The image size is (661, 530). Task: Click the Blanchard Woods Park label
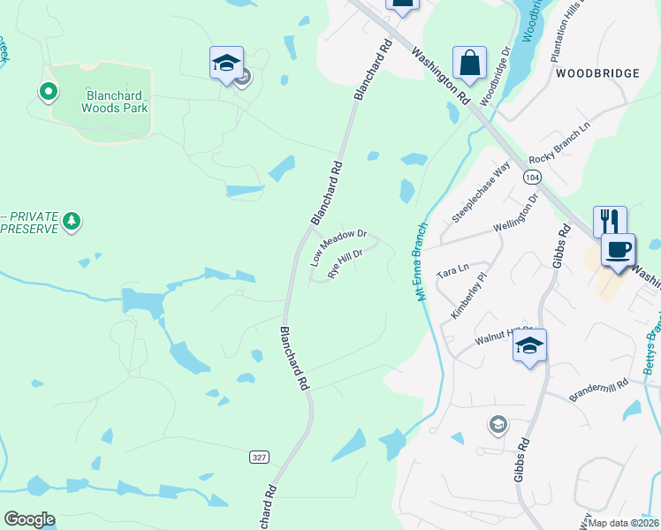pyautogui.click(x=116, y=100)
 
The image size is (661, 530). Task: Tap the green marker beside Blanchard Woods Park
pyautogui.click(x=48, y=91)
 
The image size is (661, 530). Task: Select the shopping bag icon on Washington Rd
pyautogui.click(x=469, y=64)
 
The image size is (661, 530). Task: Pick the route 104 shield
pyautogui.click(x=531, y=178)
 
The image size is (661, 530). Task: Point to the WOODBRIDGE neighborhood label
pyautogui.click(x=597, y=74)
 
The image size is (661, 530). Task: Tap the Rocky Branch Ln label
pyautogui.click(x=558, y=146)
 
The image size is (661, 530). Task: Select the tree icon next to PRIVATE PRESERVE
pyautogui.click(x=75, y=220)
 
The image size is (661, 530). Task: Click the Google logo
pyautogui.click(x=30, y=519)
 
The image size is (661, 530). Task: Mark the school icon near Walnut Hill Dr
pyautogui.click(x=529, y=346)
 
